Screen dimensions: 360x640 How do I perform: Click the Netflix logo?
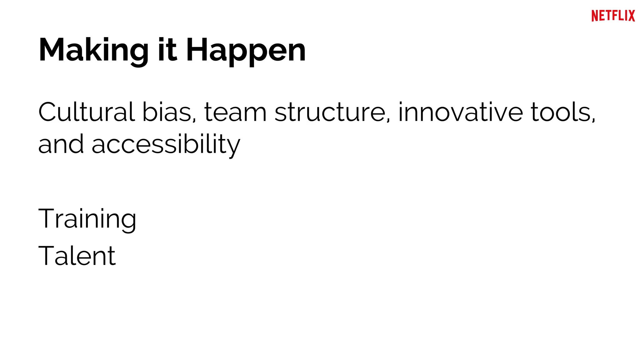coord(613,16)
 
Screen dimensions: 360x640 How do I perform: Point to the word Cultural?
coord(87,112)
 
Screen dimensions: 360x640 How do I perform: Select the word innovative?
coord(460,112)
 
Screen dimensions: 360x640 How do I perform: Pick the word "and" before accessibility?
coord(61,144)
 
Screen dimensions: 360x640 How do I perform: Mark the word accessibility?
coord(166,145)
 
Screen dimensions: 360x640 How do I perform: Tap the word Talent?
coord(77,256)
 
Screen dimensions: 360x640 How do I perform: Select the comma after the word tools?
coord(593,120)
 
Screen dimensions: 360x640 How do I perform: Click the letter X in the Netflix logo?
coord(631,16)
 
